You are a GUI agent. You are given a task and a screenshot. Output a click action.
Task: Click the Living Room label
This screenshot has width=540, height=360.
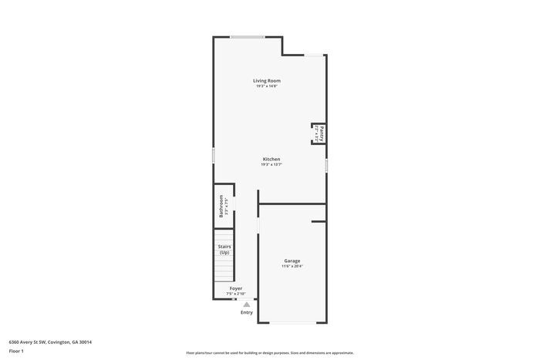point(267,81)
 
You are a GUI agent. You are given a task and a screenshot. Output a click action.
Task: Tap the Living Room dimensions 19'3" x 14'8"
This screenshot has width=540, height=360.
point(267,86)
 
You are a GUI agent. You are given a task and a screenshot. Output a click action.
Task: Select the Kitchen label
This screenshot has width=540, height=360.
point(271,159)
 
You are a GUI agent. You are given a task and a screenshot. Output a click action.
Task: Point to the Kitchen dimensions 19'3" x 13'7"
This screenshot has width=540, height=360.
point(271,164)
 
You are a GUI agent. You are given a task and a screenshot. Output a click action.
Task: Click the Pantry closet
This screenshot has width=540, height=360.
point(317,133)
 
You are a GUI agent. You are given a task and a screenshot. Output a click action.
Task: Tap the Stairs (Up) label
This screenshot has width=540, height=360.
point(224,250)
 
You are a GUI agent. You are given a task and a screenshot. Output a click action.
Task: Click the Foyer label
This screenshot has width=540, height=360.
point(235,288)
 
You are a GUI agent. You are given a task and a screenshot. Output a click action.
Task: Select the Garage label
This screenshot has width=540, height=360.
point(292,261)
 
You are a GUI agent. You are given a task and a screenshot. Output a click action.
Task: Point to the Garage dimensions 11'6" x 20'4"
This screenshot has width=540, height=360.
point(292,267)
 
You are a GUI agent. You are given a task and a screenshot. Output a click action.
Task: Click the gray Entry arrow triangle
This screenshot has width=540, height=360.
point(246,304)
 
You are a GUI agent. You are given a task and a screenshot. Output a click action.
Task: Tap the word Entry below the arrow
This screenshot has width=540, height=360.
point(246,312)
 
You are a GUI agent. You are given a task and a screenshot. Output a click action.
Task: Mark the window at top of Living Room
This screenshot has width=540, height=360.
point(248,36)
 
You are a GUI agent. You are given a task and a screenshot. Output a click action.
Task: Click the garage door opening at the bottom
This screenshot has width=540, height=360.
point(292,322)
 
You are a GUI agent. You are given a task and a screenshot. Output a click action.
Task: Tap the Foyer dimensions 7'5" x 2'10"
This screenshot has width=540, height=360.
point(235,294)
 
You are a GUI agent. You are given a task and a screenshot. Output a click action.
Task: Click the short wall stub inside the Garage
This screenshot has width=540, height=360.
point(319,222)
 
